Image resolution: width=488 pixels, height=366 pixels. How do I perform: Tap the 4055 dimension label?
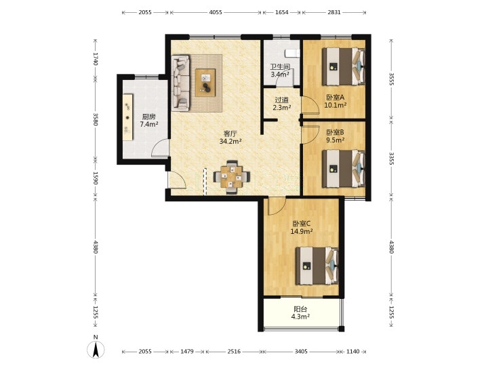[x=216, y=12]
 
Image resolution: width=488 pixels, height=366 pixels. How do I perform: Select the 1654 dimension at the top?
[x=282, y=12]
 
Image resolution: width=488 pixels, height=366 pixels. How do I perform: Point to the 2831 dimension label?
[x=334, y=12]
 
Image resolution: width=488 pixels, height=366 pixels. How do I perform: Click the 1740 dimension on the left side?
[x=96, y=59]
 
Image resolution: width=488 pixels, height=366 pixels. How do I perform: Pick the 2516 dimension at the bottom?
[x=234, y=351]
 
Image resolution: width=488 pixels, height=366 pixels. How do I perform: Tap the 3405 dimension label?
[x=301, y=351]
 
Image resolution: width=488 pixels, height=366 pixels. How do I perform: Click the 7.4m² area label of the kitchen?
[x=149, y=125]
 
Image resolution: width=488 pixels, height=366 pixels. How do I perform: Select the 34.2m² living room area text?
[x=230, y=142]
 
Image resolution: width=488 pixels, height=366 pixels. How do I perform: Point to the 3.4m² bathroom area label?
[x=280, y=75]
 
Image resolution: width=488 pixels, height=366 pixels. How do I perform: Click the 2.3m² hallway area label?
[x=282, y=108]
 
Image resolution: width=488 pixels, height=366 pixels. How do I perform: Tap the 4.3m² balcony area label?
[x=300, y=317]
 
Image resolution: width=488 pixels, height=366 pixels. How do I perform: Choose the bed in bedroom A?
[x=344, y=66]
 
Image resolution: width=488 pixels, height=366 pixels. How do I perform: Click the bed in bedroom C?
[x=317, y=266]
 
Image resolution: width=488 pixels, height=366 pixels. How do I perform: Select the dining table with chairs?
[x=232, y=177]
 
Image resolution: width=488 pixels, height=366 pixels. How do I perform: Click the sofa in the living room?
[x=180, y=83]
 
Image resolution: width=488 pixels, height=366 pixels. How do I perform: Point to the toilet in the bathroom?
[x=293, y=54]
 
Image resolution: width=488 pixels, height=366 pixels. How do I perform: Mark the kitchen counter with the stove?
[x=127, y=117]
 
